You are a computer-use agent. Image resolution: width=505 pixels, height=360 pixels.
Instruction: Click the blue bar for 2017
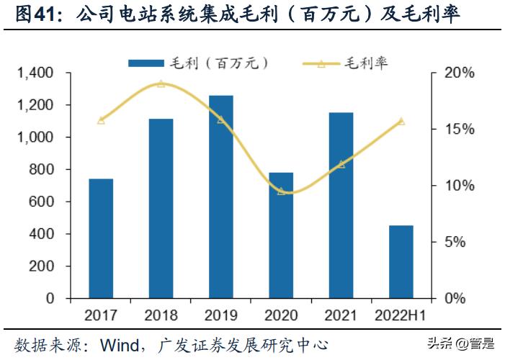[x=101, y=238]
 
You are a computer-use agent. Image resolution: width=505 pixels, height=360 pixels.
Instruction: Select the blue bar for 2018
[x=161, y=208]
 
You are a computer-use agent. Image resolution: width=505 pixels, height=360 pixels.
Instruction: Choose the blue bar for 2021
[x=341, y=205]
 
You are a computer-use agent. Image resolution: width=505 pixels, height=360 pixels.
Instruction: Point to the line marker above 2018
[x=161, y=84]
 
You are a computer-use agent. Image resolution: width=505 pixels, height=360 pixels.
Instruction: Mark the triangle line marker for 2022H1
[x=401, y=121]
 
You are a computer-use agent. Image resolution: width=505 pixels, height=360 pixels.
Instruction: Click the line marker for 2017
[x=101, y=120]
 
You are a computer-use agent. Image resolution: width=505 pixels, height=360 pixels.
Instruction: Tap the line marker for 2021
[x=341, y=164]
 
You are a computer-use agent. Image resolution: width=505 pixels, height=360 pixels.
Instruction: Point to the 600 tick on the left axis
[x=43, y=202]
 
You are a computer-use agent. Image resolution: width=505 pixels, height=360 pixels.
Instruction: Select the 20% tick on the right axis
[x=459, y=73]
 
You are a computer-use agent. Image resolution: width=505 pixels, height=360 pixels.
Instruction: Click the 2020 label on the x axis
[x=281, y=315]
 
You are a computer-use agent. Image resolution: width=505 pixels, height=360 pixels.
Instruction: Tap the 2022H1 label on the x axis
[x=401, y=315]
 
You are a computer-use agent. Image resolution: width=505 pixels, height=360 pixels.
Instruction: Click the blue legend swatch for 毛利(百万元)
[x=148, y=63]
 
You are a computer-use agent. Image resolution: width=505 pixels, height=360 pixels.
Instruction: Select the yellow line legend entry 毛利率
[x=346, y=63]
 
